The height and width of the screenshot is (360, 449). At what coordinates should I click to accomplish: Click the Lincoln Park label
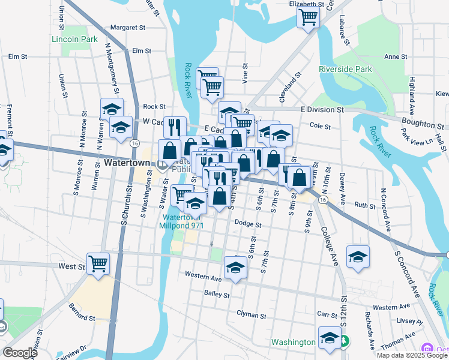74,39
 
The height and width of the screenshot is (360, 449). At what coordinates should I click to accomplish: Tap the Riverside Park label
345,69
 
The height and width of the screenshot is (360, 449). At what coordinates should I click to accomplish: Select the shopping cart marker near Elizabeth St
308,17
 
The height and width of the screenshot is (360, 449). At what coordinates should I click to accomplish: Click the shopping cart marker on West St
98,263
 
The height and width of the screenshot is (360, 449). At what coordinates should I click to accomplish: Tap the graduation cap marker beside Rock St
112,109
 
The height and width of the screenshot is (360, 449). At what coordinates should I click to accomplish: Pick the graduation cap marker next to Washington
330,338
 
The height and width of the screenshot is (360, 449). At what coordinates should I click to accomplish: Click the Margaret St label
128,28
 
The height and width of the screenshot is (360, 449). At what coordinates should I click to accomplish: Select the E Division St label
322,110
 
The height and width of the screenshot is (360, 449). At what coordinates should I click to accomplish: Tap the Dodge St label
248,225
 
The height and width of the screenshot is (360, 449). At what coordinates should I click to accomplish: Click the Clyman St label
251,314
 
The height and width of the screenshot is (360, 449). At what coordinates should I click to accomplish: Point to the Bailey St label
217,295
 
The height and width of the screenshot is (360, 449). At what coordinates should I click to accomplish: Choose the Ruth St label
364,205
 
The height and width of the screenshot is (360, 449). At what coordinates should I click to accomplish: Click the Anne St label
396,56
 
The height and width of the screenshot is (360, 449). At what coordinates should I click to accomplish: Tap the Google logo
20,353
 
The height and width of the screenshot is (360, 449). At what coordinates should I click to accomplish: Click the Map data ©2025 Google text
411,355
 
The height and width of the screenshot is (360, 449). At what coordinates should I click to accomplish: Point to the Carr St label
327,314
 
